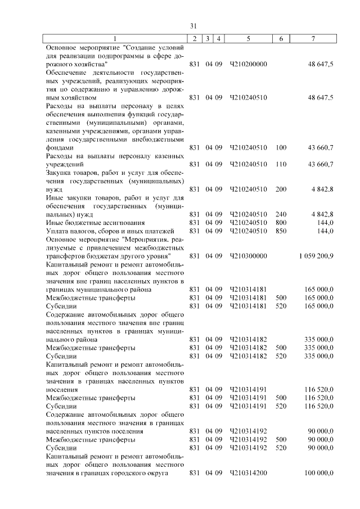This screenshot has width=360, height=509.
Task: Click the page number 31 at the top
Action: point(193,26)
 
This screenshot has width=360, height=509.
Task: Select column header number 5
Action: point(249,39)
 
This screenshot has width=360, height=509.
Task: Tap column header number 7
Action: point(313,39)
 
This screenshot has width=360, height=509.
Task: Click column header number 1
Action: point(116,39)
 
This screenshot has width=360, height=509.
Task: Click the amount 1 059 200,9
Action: point(316,256)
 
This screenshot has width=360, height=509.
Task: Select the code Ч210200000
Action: point(248,65)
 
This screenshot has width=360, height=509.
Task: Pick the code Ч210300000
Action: point(248,256)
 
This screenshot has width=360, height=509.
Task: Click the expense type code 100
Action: point(281,147)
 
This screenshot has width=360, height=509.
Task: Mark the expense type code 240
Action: point(281,214)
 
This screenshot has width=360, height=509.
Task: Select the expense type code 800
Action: point(281,223)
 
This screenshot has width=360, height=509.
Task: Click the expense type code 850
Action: point(281,231)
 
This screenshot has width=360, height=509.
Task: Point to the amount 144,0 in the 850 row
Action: point(326,231)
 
